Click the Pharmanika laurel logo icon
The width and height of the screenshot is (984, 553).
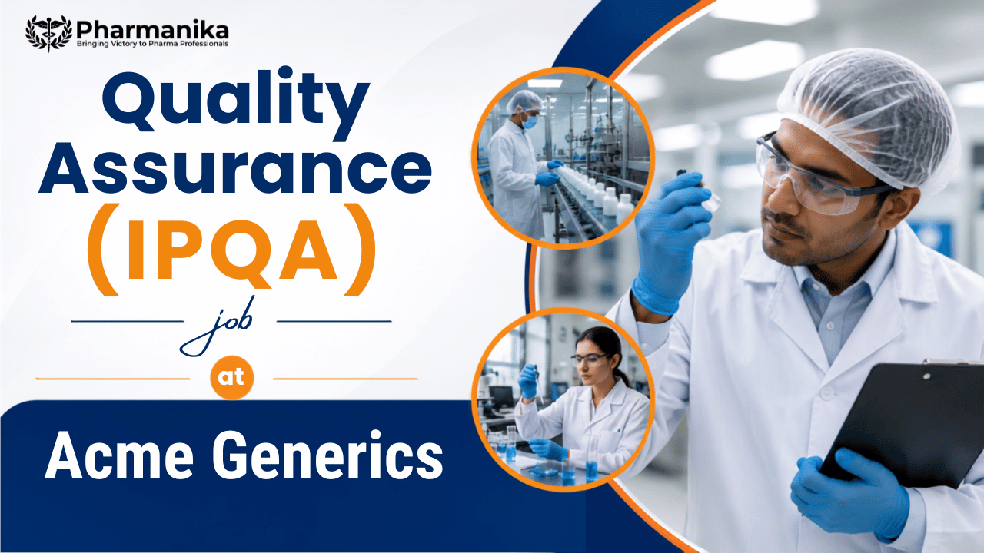pos(48,33)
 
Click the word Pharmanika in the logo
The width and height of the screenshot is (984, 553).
pos(152,30)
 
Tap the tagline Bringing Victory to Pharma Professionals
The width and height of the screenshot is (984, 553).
pos(152,44)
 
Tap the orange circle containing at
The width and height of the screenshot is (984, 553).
pos(232,377)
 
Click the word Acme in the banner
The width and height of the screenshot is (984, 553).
pos(119,455)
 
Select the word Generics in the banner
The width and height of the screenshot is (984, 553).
pos(327,455)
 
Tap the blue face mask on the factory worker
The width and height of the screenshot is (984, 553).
pos(530,121)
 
